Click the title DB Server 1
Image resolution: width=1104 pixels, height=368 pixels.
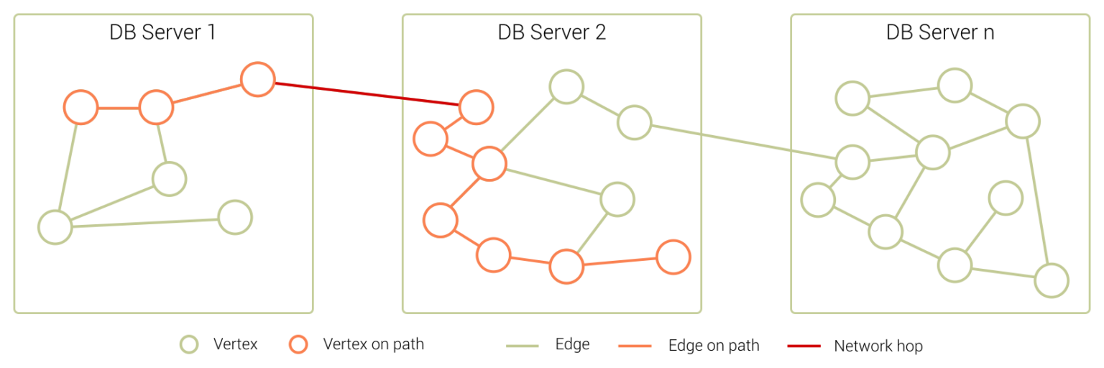pos(162,32)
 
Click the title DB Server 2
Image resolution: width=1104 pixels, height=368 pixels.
pos(551,32)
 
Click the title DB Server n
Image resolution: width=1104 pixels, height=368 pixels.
pos(939,32)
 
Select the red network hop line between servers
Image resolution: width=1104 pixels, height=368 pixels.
pos(367,95)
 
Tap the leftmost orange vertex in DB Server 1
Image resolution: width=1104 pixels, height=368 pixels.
pos(80,108)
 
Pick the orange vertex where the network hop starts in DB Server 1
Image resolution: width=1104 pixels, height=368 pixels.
pos(257,79)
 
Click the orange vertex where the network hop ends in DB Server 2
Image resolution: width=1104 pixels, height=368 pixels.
pos(476,108)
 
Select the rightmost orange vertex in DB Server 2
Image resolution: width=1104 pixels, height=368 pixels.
pos(673,257)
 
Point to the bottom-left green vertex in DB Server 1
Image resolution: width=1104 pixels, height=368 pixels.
pos(55,227)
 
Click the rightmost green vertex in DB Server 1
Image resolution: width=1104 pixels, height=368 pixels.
pos(234,217)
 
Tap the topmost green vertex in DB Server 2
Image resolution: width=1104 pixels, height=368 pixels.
pos(566,86)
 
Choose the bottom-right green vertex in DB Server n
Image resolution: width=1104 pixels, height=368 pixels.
pos(1052,280)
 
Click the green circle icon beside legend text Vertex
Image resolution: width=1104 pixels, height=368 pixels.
pos(188,345)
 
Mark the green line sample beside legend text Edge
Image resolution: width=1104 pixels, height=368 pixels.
pos(523,346)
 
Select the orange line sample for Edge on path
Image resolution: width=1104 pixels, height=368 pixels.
pos(635,346)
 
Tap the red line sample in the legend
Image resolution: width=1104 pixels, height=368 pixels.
pos(804,346)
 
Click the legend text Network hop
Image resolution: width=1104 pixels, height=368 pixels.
pos(878,346)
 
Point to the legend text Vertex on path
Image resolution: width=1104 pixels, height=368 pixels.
pos(374,344)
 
